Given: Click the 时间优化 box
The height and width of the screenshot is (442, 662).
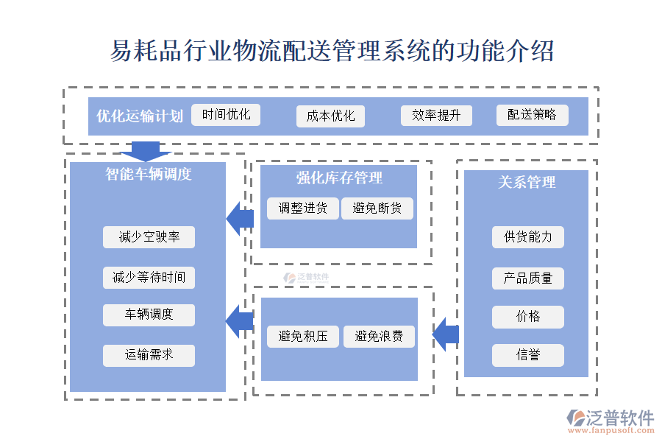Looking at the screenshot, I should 226,115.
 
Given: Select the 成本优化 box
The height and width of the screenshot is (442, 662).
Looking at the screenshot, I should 330,116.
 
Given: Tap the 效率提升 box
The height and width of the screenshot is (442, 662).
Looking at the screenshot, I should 436,116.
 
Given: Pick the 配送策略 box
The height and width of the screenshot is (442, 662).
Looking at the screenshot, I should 532,115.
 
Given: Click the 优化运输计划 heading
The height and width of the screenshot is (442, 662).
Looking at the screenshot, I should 139,116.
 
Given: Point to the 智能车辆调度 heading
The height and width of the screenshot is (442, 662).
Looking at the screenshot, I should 148,175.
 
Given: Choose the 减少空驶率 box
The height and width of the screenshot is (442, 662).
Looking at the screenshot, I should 149,237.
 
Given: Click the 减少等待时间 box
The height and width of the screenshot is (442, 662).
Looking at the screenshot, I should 149,278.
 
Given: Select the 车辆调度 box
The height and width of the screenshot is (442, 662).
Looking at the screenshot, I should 149,315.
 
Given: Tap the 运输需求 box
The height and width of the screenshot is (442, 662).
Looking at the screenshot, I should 149,355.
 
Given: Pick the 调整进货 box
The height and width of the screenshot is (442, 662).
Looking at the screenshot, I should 302,208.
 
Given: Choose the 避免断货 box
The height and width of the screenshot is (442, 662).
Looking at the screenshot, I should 377,208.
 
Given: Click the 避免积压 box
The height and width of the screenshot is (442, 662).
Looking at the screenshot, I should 302,337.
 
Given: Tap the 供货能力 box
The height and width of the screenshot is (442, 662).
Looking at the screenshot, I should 527,237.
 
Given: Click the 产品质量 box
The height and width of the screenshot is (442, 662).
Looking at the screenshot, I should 527,278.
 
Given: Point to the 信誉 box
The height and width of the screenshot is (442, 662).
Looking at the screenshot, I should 527,355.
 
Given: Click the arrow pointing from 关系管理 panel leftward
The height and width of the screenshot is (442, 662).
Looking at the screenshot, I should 446,336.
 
